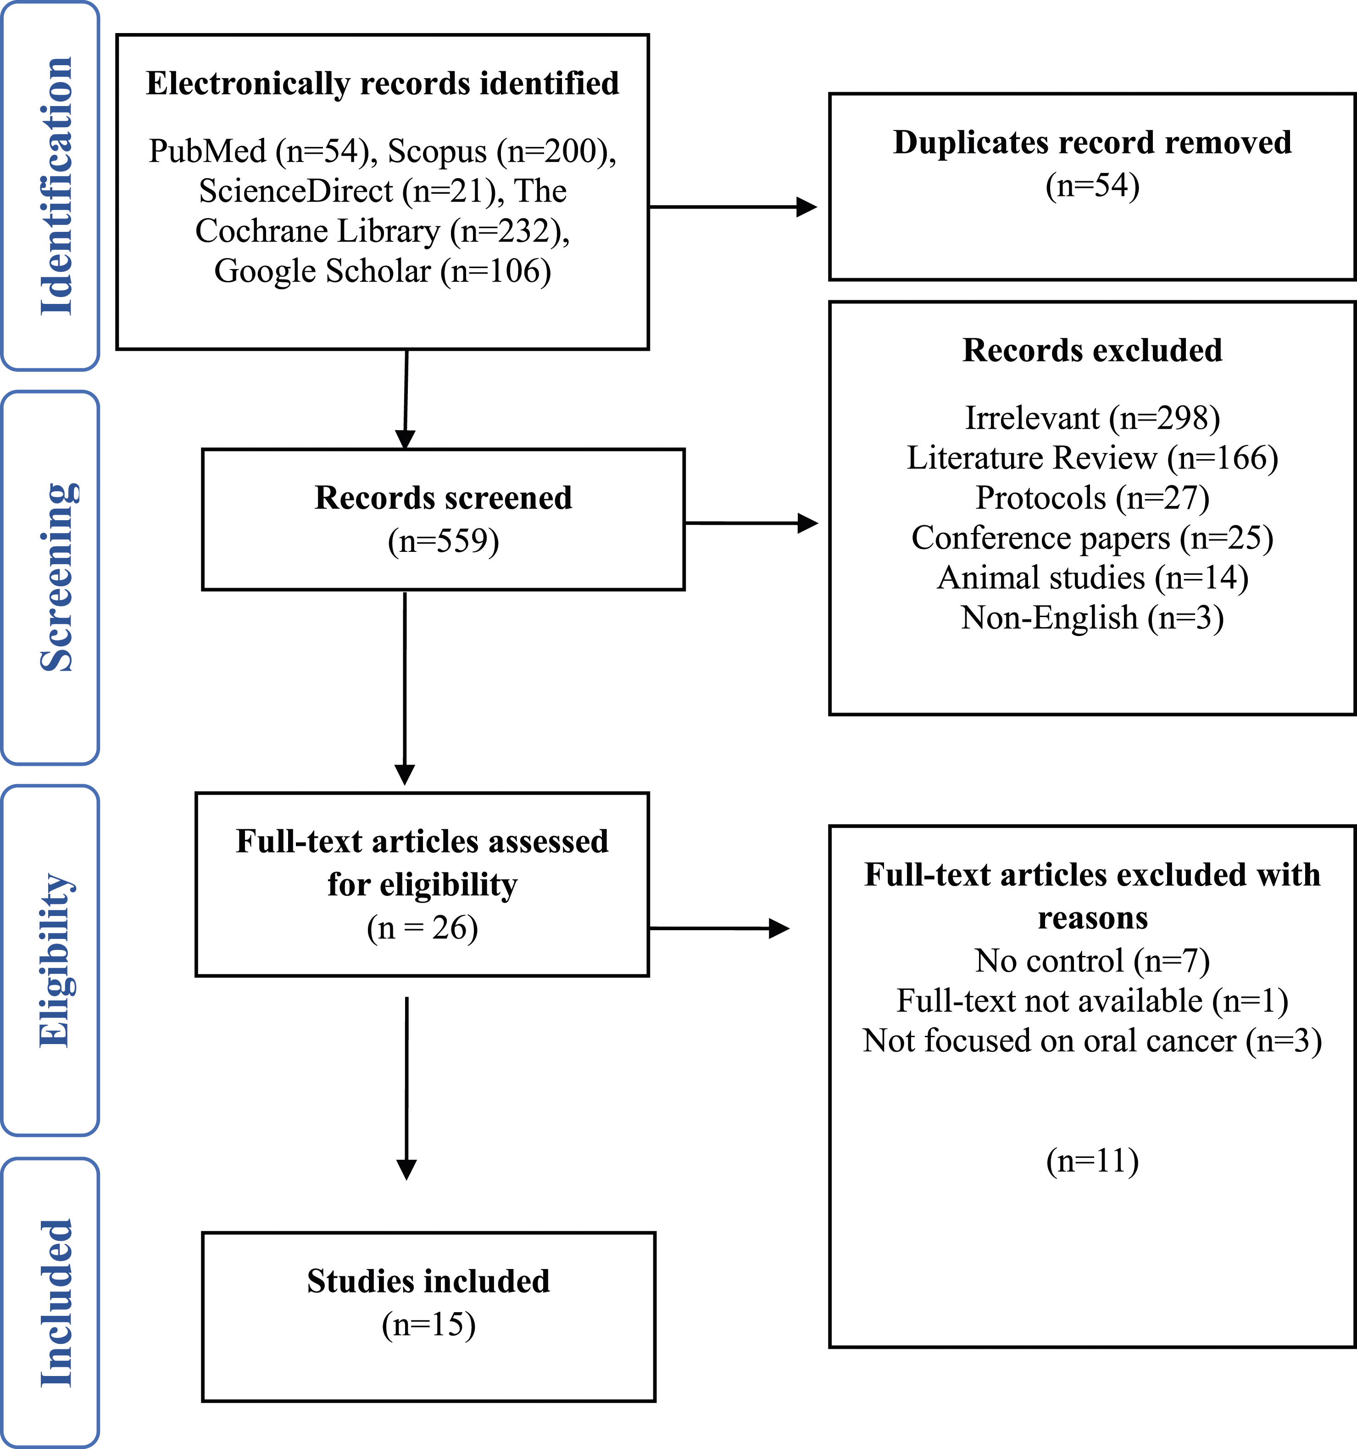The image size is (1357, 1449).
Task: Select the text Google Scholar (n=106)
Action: coord(383,271)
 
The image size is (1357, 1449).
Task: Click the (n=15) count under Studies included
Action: coord(428,1325)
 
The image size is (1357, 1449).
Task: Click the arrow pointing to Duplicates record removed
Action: coord(733,207)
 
